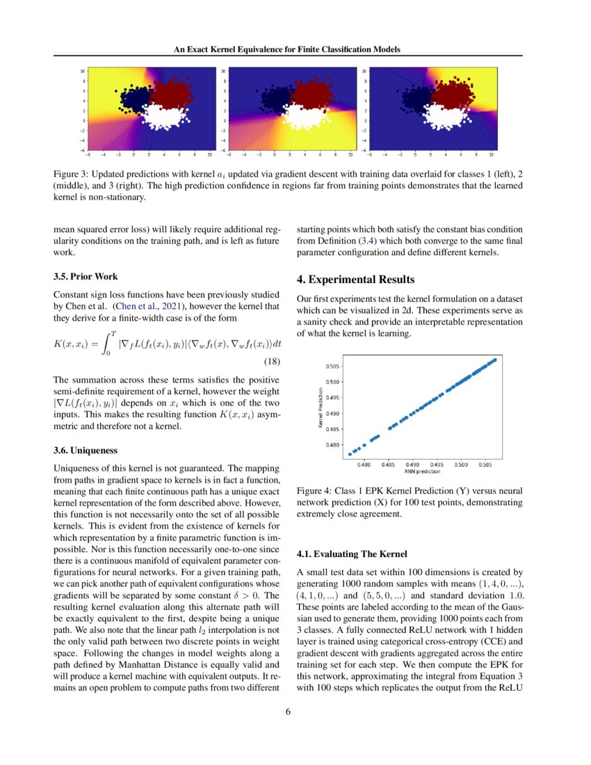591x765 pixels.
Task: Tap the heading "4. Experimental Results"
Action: [355, 280]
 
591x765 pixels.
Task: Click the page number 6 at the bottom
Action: [289, 711]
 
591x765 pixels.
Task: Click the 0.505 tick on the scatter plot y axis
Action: [333, 366]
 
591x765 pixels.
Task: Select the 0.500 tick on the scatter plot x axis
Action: [460, 463]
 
